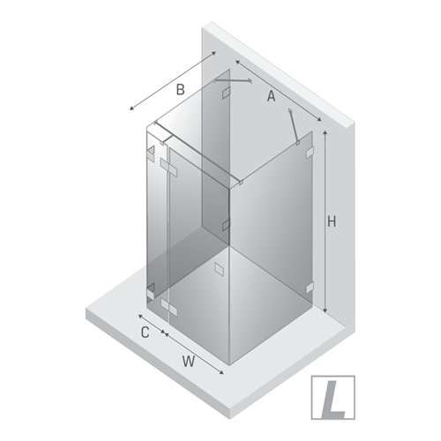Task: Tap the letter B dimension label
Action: (178, 88)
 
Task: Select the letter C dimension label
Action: (146, 333)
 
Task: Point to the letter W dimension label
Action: (189, 360)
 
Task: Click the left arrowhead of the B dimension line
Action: (131, 109)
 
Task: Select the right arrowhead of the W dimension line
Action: (223, 373)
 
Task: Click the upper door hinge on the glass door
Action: (167, 164)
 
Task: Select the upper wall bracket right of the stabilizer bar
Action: (309, 155)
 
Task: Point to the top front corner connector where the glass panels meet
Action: (240, 183)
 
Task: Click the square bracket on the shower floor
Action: (220, 268)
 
